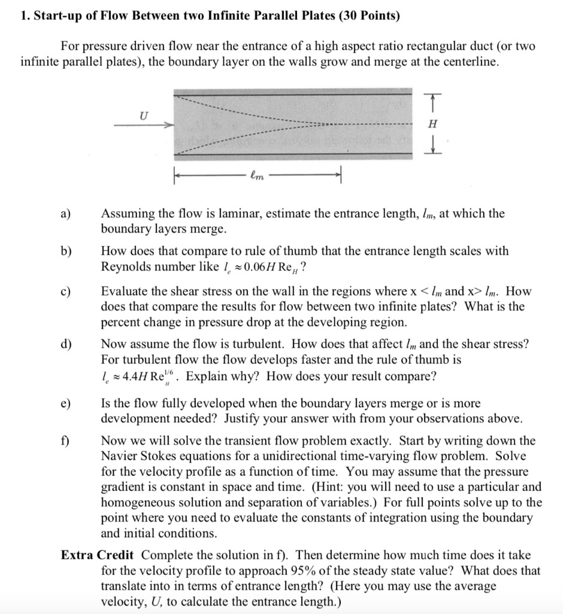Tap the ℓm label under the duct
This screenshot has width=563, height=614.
click(256, 176)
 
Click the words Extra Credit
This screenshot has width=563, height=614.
click(98, 555)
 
